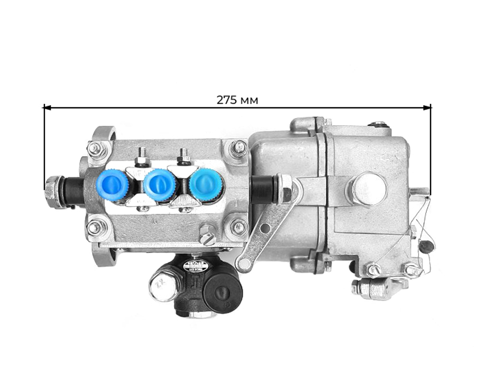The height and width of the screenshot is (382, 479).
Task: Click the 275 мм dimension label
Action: click(237, 100)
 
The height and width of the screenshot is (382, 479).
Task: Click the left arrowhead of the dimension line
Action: click(46, 107)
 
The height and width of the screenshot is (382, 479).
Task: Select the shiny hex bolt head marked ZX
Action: click(164, 286)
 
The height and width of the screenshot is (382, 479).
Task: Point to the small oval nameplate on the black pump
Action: click(195, 267)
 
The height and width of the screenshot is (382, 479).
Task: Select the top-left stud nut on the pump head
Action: click(94, 149)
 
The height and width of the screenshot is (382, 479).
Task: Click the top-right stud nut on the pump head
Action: click(238, 147)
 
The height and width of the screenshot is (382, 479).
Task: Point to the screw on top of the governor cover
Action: click(378, 125)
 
